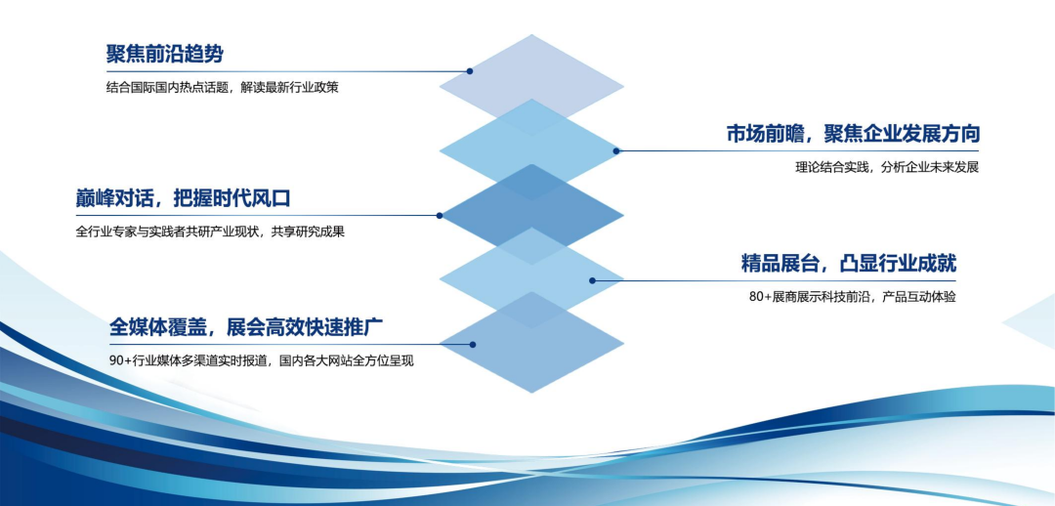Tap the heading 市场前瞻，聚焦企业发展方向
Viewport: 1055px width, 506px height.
(852, 134)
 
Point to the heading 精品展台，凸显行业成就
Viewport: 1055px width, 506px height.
(848, 263)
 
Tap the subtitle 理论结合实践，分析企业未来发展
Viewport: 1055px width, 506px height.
(886, 167)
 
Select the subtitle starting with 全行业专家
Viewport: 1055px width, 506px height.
(210, 232)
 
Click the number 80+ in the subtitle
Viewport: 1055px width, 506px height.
(760, 296)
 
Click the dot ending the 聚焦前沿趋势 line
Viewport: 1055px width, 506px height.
(470, 71)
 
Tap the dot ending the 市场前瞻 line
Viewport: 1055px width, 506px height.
(616, 150)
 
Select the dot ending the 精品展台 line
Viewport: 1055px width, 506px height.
(592, 280)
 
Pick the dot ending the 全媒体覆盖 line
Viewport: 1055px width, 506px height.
(473, 344)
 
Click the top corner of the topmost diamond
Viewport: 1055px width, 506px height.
(531, 35)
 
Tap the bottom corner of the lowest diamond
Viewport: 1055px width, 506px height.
(531, 393)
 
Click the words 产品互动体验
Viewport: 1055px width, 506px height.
(917, 296)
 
